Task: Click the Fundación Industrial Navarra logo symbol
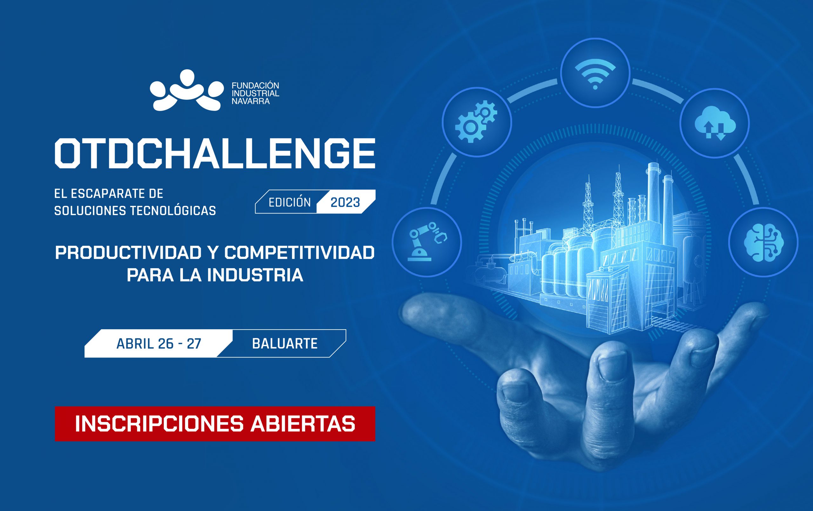tap(186, 91)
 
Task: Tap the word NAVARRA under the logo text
tap(251, 101)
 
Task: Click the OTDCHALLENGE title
tap(215, 153)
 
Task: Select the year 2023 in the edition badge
tap(345, 202)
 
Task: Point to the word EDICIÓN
tap(289, 202)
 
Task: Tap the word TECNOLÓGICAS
tap(173, 211)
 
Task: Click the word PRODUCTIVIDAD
tap(128, 253)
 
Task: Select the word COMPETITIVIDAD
tap(299, 253)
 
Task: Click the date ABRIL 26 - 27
tap(159, 344)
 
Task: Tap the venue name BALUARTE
tap(285, 344)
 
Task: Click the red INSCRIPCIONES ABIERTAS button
tap(215, 424)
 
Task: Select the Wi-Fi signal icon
tap(595, 73)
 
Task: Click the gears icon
tap(476, 122)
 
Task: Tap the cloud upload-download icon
tap(715, 123)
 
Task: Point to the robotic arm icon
tap(427, 242)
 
